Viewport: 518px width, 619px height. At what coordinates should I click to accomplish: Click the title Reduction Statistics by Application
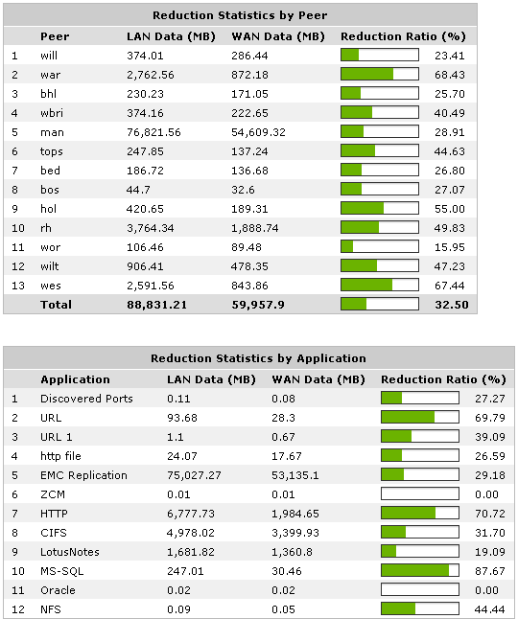pyautogui.click(x=258, y=358)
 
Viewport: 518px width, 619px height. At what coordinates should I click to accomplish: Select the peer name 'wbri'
pyautogui.click(x=53, y=112)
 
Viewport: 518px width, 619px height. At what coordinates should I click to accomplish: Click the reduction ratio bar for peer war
pyautogui.click(x=380, y=74)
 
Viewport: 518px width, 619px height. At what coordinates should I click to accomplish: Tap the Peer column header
pyautogui.click(x=55, y=36)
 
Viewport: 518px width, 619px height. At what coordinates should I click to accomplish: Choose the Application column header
pyautogui.click(x=75, y=379)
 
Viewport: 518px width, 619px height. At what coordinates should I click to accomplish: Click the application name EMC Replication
pyautogui.click(x=83, y=474)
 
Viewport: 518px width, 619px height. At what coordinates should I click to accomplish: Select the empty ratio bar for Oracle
pyautogui.click(x=420, y=589)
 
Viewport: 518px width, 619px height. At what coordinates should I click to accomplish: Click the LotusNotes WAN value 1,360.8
pyautogui.click(x=296, y=551)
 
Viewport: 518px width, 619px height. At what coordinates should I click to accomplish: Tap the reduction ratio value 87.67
pyautogui.click(x=489, y=570)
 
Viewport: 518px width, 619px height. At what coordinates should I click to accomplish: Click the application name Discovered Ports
pyautogui.click(x=86, y=398)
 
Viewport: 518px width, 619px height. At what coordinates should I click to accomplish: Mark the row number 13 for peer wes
pyautogui.click(x=15, y=285)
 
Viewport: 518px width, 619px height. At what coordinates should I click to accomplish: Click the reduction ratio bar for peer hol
pyautogui.click(x=380, y=208)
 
